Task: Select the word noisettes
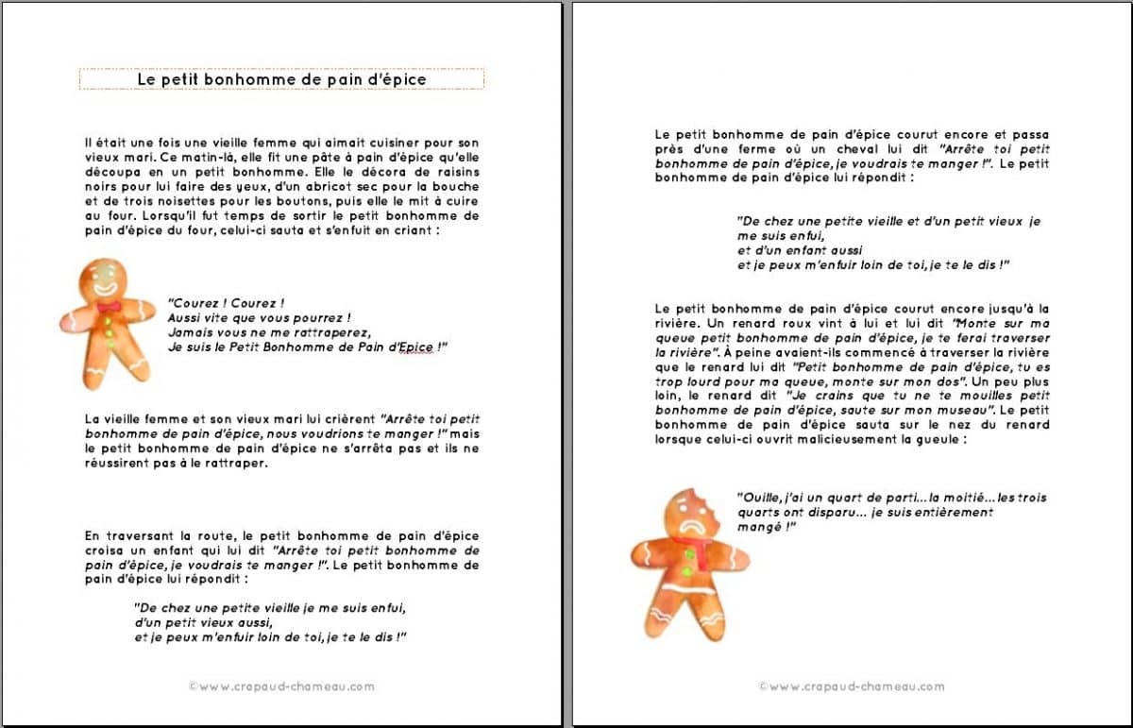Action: pos(175,200)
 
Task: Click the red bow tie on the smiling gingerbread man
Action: pos(108,306)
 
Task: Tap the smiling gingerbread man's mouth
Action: pos(105,286)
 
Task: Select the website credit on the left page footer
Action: pos(281,686)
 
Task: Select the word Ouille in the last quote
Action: pos(755,498)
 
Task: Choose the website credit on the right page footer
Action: pos(852,686)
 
